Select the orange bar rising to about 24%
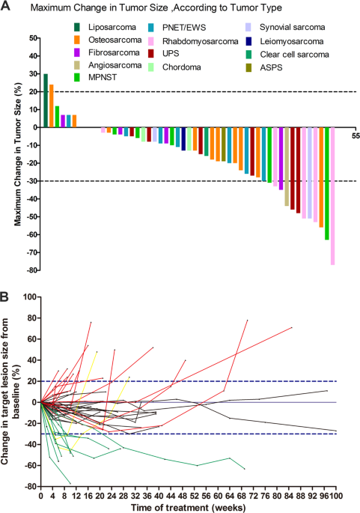pyautogui.click(x=52, y=106)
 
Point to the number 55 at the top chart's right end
pyautogui.click(x=355, y=135)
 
